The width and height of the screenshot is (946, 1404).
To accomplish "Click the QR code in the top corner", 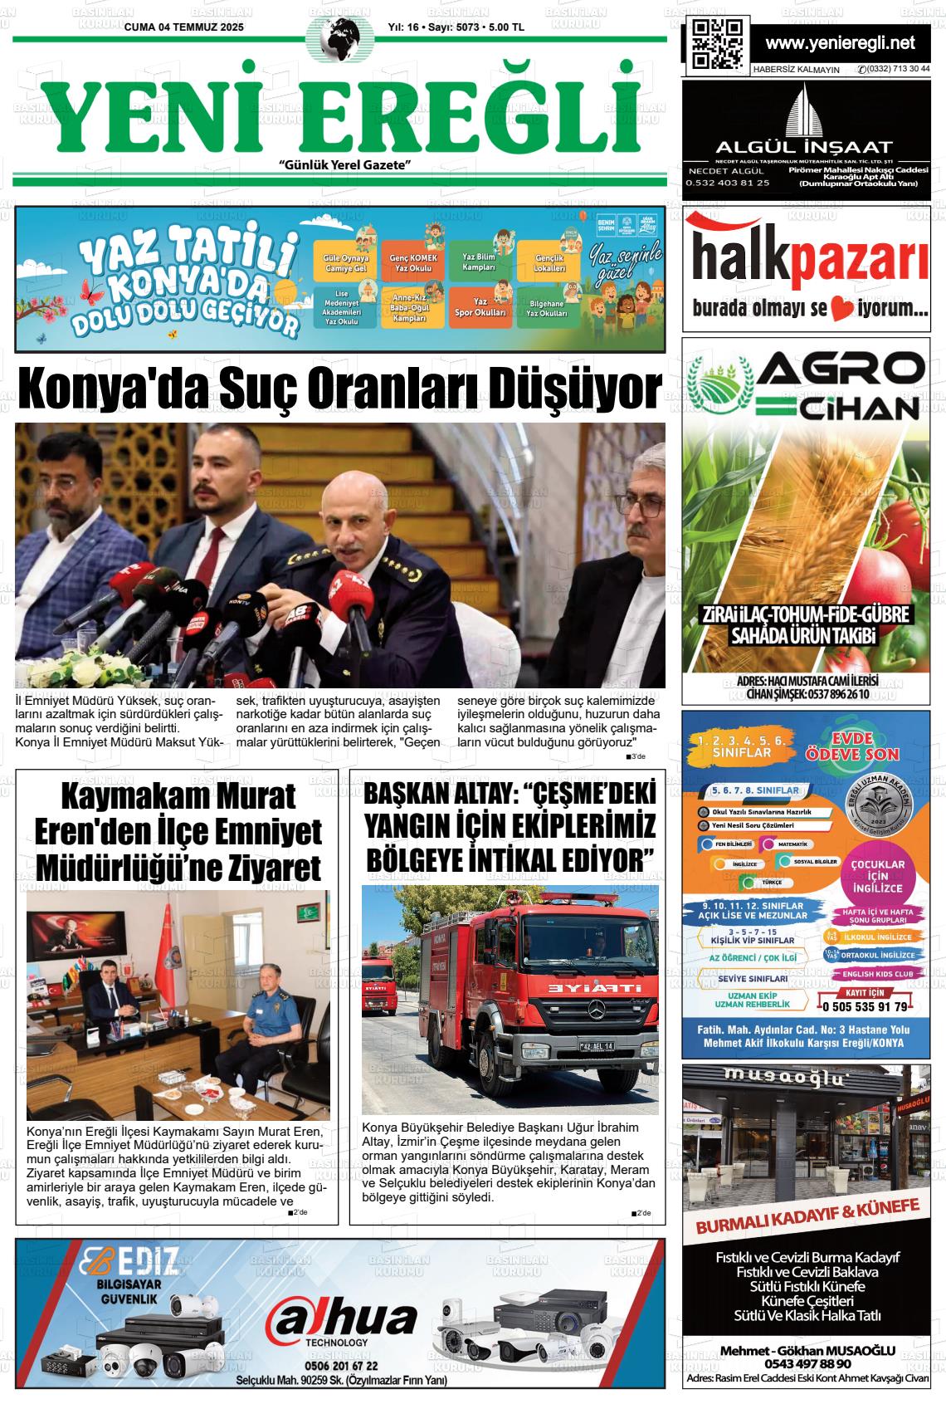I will (716, 44).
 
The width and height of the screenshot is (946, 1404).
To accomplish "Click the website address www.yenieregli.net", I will (840, 43).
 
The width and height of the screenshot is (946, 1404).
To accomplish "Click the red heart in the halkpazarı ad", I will (842, 311).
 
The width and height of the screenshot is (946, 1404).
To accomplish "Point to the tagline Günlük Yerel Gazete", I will (346, 165).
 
